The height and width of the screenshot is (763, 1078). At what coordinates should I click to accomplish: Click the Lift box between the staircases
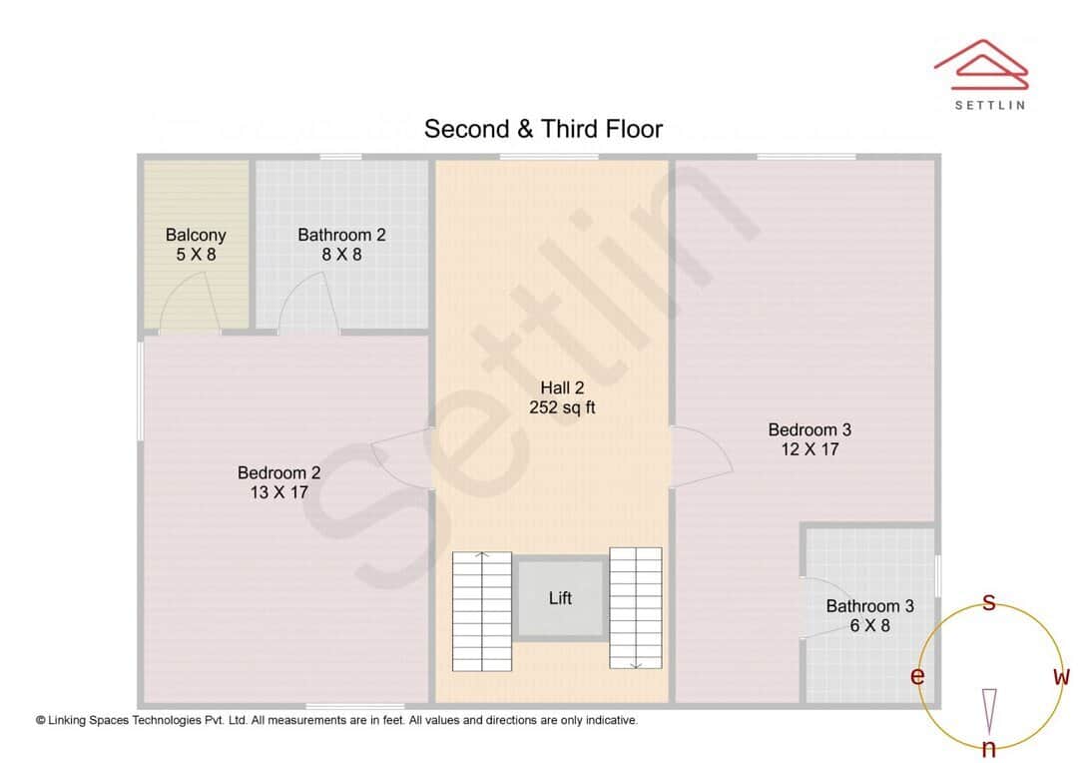point(561,598)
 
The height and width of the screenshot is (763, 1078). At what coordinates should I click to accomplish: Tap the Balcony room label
point(196,236)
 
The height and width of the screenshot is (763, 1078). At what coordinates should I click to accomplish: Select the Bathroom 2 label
point(341,236)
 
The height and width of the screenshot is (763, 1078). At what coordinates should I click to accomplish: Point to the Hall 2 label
point(562,387)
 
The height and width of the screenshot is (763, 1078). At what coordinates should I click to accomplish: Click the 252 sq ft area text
point(562,407)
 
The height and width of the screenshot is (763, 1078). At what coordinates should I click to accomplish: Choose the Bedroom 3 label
point(809,430)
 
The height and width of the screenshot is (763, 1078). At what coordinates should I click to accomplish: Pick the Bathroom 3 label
point(869,606)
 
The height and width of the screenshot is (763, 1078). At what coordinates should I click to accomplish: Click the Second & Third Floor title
point(543,129)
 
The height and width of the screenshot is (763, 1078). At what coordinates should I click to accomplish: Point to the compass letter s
point(989,602)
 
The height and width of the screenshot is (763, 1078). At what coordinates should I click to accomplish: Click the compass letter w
point(1061,677)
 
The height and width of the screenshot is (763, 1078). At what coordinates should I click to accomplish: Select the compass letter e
point(917,677)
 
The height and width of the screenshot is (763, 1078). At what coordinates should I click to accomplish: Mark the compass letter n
point(989,749)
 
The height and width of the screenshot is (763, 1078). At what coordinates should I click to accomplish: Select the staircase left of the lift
point(482,610)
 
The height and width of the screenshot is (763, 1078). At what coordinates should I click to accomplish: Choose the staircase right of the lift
point(636,608)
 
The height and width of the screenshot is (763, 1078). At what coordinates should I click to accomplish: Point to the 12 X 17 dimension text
point(809,449)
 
